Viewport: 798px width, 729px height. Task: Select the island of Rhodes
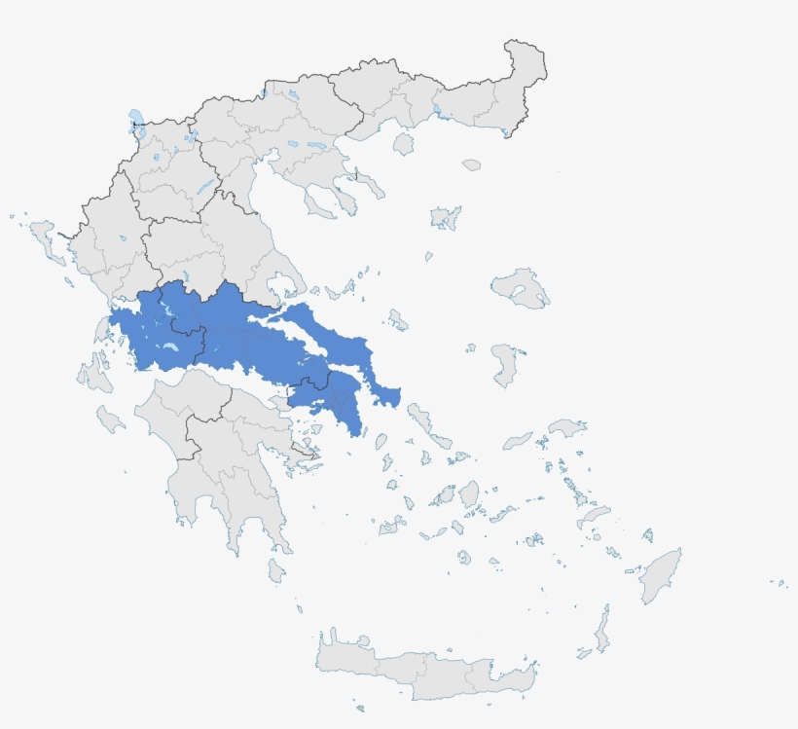tap(661, 573)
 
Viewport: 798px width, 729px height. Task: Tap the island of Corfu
tap(45, 238)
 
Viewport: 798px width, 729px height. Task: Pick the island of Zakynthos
tap(110, 419)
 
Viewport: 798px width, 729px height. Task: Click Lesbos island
tap(521, 288)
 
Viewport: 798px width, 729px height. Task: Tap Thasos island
tap(404, 144)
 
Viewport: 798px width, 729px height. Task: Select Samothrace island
tap(472, 164)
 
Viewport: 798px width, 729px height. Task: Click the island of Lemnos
tap(446, 217)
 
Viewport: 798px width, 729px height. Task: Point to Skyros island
tap(397, 319)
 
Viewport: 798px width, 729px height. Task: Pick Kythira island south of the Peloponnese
tap(276, 569)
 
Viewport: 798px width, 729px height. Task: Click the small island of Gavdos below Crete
tap(360, 708)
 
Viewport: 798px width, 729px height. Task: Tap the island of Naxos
tap(469, 493)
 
